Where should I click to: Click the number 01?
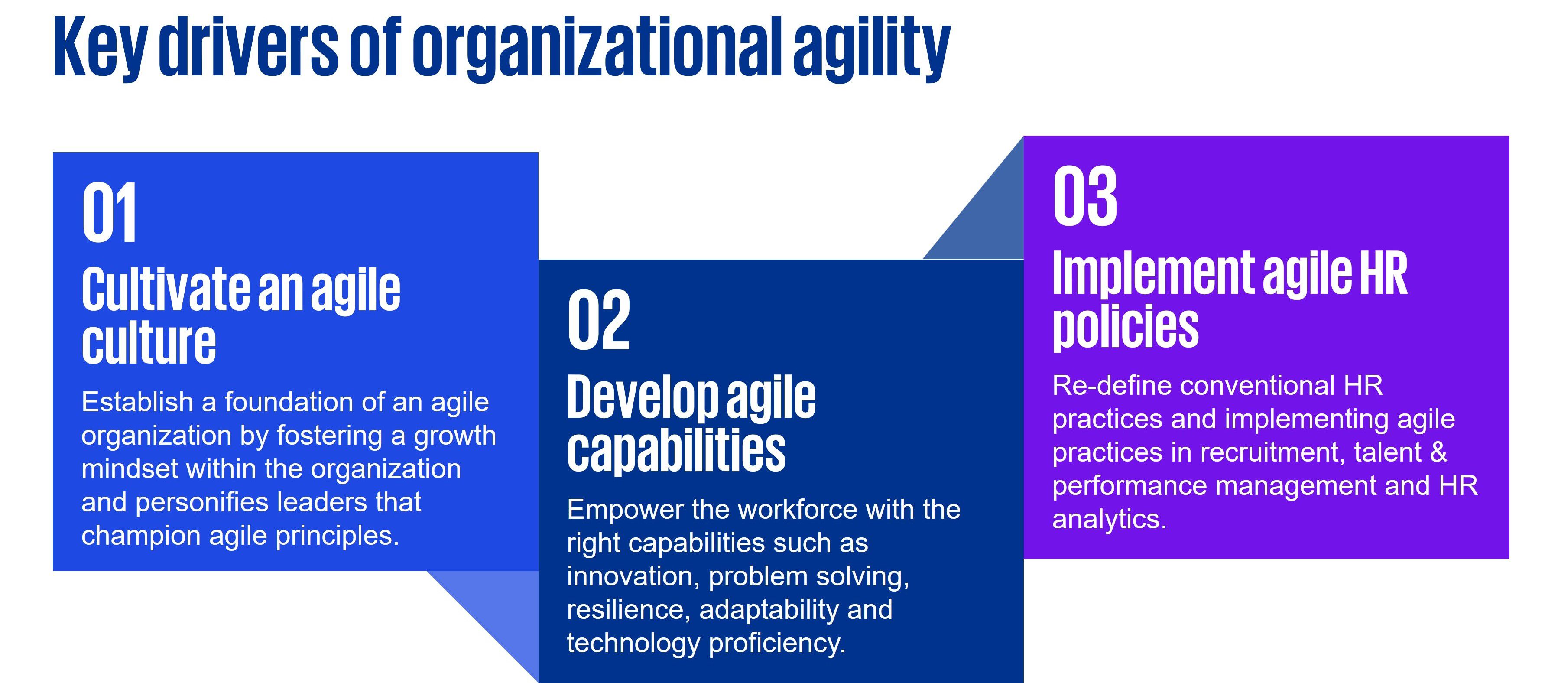(109, 212)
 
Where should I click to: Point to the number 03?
(1084, 197)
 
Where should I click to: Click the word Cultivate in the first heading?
(165, 290)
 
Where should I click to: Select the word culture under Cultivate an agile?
(149, 342)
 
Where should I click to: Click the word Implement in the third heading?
(1153, 273)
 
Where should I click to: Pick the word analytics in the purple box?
(1109, 520)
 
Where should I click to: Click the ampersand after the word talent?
(1439, 452)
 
